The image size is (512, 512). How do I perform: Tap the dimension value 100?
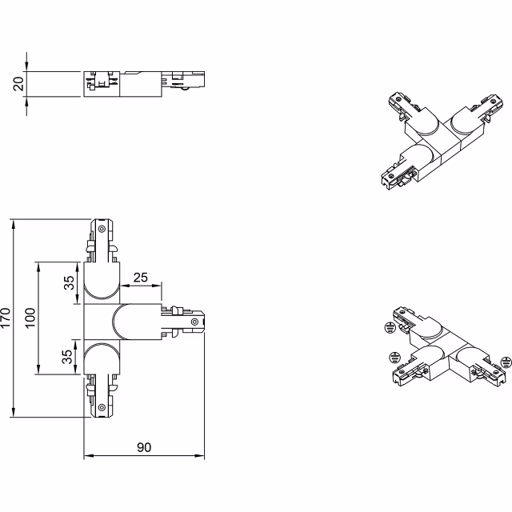pos(30,318)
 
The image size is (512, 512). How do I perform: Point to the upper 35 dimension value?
pos(70,282)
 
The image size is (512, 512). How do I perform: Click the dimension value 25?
pos(141,278)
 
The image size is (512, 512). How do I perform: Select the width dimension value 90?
pos(144,447)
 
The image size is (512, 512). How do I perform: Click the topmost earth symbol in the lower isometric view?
pos(389,326)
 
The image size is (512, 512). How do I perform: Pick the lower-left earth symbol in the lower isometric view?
pos(394,357)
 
